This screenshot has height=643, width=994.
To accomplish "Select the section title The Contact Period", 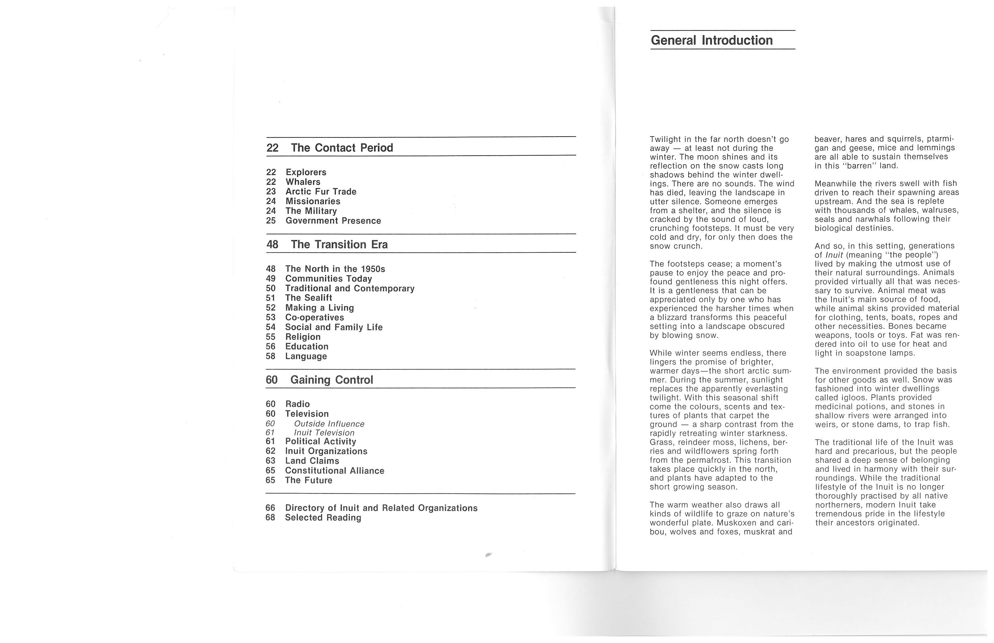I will pos(342,148).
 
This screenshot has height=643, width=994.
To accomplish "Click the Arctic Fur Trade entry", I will pos(321,192).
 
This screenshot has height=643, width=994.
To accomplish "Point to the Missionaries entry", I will pos(313,201).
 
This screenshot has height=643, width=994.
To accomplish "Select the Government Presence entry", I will pos(333,221).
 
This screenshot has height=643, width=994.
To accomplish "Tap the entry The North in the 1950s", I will pos(335,269).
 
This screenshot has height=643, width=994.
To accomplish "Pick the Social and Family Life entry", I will pos(334,327).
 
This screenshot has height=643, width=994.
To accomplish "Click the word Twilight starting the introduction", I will pos(666,139).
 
